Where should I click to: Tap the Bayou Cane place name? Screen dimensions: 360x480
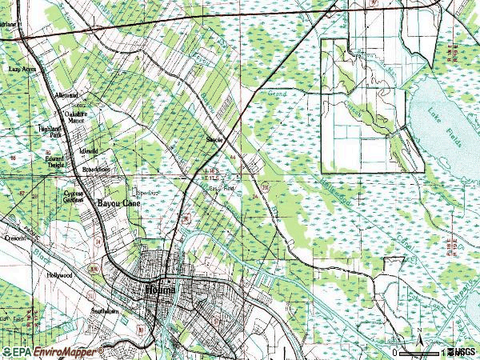point(118,204)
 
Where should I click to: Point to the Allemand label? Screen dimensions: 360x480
point(66,95)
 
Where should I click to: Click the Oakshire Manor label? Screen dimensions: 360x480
point(75,117)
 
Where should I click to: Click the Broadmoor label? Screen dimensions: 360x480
point(94,170)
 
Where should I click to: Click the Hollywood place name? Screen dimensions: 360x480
point(58,274)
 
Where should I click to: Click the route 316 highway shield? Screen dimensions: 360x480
point(265,186)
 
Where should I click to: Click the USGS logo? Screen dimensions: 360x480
point(463,352)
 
